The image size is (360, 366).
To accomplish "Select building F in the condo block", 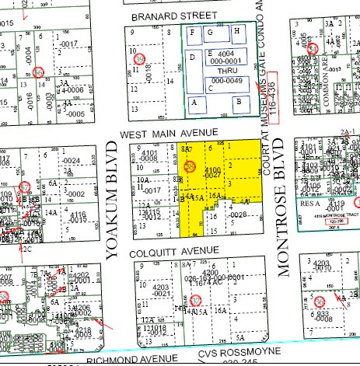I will tap(210, 32).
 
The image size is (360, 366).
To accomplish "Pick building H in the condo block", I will tap(236, 31).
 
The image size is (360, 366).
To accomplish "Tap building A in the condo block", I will tap(194, 102).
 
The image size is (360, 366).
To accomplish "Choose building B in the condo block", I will tap(240, 101).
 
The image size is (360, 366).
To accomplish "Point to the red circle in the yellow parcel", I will tap(190, 166).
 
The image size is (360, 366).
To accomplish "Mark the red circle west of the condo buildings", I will tap(140, 59).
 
